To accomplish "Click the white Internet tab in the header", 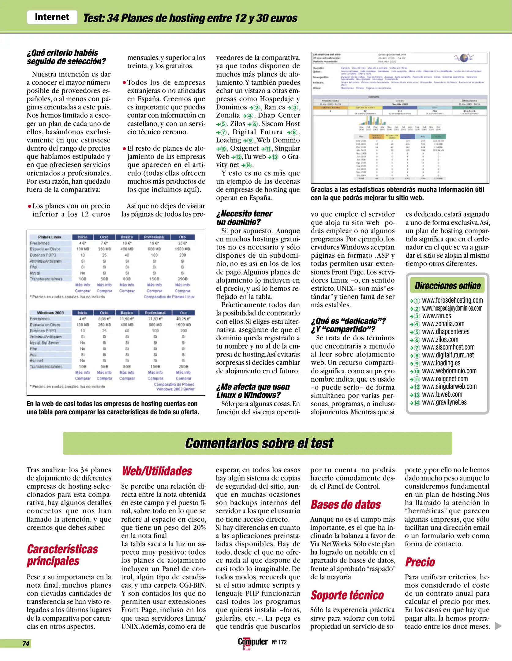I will (52, 17).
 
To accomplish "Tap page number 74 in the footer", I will (26, 643).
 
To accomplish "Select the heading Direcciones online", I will (447, 286).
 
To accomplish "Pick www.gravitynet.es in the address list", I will (444, 402).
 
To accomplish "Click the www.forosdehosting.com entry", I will (452, 300).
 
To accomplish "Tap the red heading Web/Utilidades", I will (157, 471).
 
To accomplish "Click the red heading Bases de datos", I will (346, 505).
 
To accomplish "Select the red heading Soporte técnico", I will (347, 595).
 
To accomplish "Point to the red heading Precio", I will (420, 562).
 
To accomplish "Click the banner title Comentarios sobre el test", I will (259, 443).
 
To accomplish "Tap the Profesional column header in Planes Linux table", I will (154, 237).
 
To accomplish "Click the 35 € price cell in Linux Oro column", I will (182, 243).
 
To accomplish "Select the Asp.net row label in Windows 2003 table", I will (36, 360).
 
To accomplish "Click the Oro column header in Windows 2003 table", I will (183, 313).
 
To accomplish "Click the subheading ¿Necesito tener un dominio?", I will (244, 218).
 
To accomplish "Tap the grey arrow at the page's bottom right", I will (498, 626).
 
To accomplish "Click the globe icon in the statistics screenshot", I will (464, 58).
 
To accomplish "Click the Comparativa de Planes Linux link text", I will (169, 297).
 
